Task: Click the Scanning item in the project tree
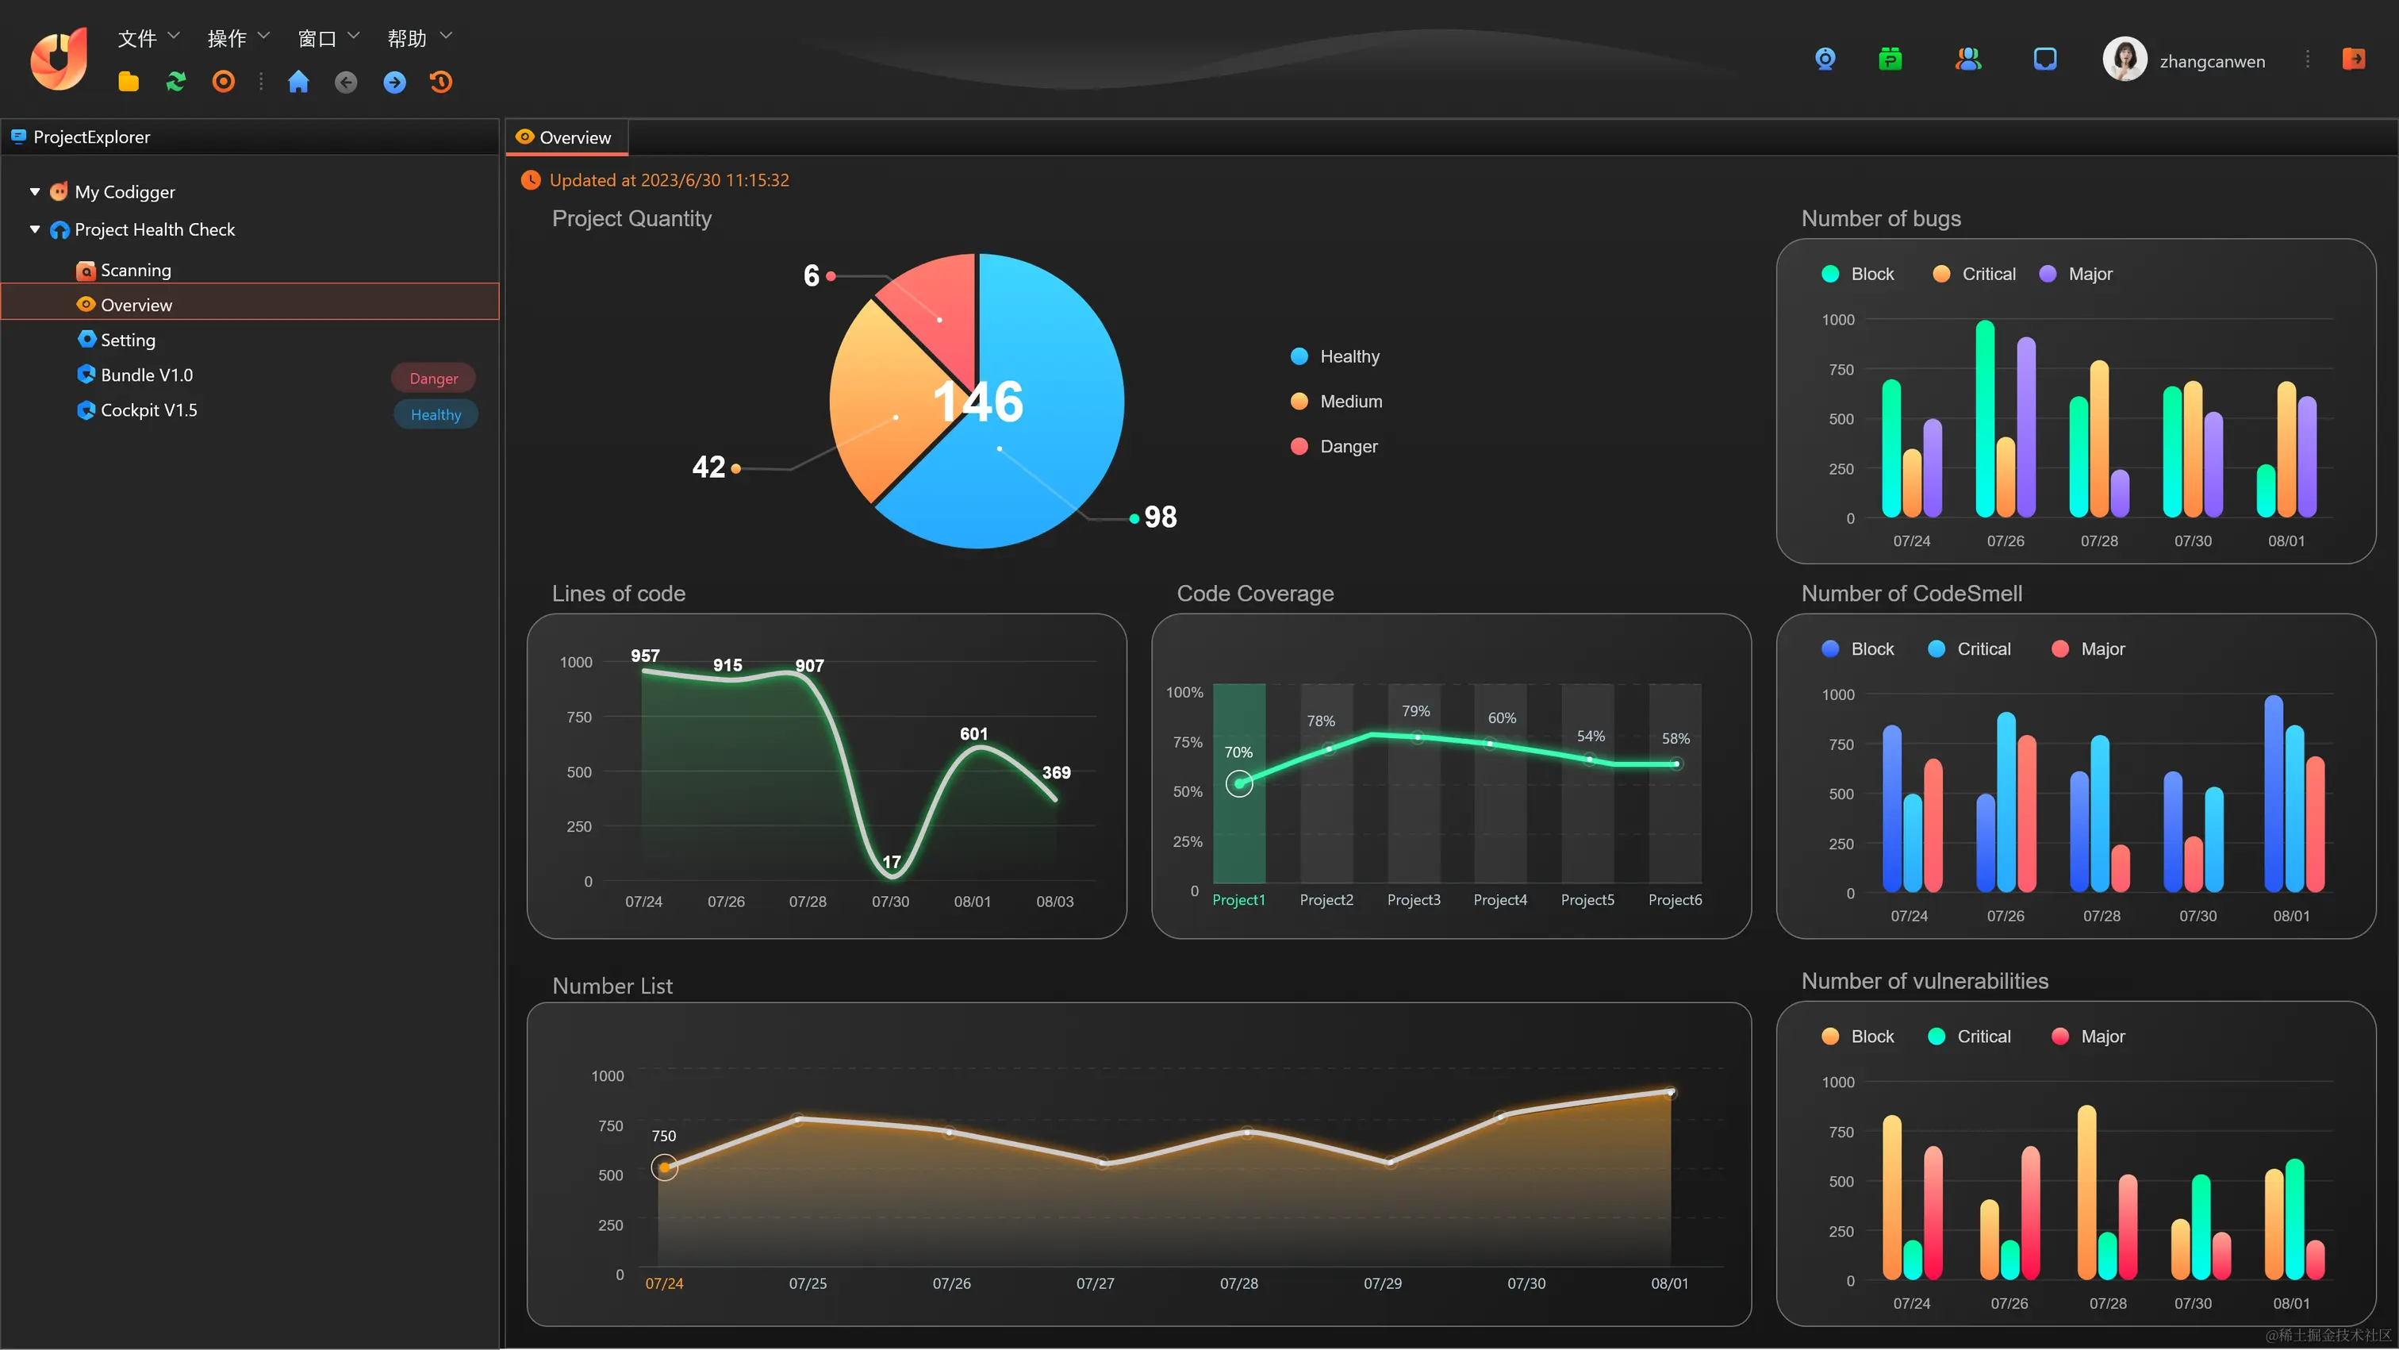click(135, 270)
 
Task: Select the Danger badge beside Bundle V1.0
click(433, 379)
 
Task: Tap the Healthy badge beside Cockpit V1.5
click(436, 414)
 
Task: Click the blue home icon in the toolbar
click(298, 82)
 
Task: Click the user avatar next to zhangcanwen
click(2125, 60)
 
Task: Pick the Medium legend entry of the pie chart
click(1349, 402)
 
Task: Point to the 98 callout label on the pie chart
click(1160, 517)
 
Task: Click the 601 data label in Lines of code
click(973, 734)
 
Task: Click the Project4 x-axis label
click(1499, 900)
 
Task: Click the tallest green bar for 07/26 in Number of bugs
click(1985, 419)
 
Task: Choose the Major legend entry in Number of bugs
click(2089, 274)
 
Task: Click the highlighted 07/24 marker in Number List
click(664, 1167)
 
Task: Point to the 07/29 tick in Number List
click(1382, 1284)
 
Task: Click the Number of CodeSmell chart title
click(1911, 594)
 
